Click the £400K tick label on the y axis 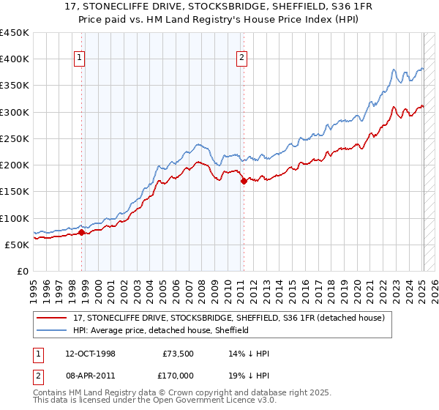pos(15,59)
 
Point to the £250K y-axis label pos(15,138)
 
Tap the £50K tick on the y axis pos(18,245)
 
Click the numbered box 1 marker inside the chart pos(79,60)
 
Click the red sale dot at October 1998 pos(82,232)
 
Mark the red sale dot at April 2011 pos(244,182)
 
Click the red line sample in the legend pos(53,318)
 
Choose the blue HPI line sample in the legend pos(53,330)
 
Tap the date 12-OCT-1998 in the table pos(97,354)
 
